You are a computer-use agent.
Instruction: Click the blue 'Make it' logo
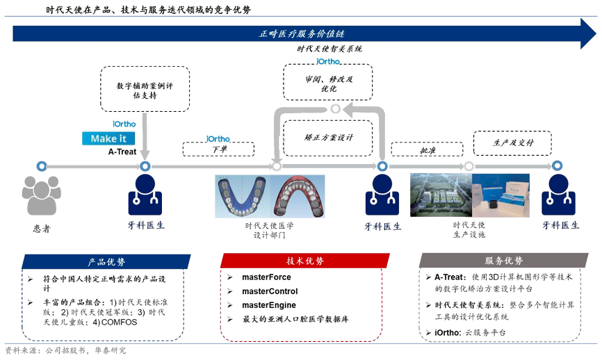(x=108, y=138)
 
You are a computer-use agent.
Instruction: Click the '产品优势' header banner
(x=106, y=261)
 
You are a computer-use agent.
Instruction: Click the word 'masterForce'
(x=266, y=277)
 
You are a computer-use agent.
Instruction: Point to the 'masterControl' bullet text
(x=270, y=291)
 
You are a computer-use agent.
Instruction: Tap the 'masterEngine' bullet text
(x=268, y=305)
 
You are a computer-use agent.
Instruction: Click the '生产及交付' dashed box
(x=513, y=142)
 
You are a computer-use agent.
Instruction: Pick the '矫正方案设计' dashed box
(x=329, y=138)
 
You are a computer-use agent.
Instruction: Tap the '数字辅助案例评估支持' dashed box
(x=145, y=89)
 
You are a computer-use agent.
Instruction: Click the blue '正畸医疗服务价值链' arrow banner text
(x=302, y=33)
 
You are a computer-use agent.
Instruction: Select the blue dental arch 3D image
(x=242, y=196)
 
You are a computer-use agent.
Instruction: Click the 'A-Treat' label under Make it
(x=122, y=152)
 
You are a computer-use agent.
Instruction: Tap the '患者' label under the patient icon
(x=41, y=228)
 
